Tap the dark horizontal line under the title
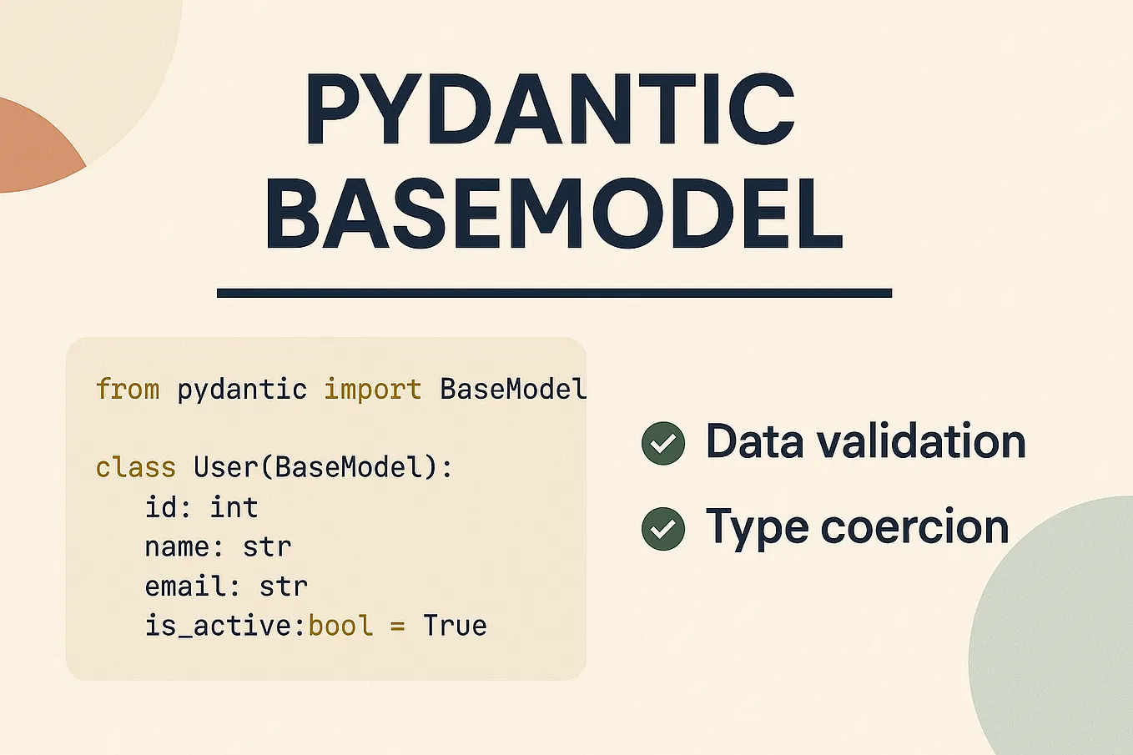click(554, 293)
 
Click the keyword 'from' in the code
click(127, 390)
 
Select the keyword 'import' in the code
click(372, 390)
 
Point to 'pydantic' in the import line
click(242, 390)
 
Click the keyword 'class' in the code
click(135, 467)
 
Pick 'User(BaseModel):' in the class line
click(323, 467)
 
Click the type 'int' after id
click(234, 507)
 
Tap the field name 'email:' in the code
click(193, 586)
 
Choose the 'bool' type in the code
click(340, 626)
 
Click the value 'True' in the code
click(455, 626)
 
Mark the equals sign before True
click(397, 627)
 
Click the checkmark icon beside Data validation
click(663, 443)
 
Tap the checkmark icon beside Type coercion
click(663, 529)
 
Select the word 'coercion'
click(914, 527)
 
